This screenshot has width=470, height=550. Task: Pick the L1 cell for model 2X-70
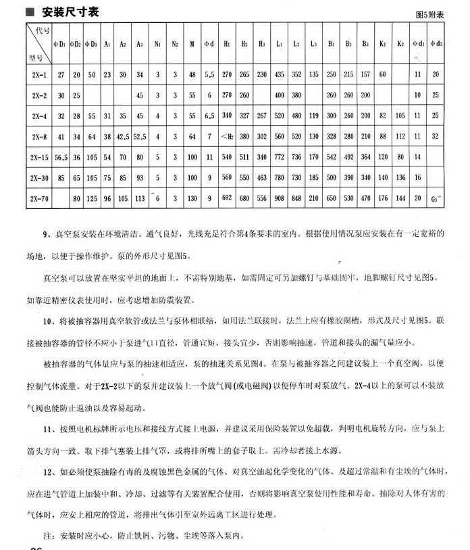[279, 200]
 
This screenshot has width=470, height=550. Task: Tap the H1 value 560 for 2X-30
[227, 178]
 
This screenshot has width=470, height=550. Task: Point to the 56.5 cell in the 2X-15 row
[61, 157]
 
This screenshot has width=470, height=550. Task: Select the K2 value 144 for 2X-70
[400, 200]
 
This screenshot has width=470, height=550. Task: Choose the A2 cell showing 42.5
[122, 136]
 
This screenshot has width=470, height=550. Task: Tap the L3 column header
[314, 44]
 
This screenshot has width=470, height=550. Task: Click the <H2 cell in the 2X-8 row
[227, 136]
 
